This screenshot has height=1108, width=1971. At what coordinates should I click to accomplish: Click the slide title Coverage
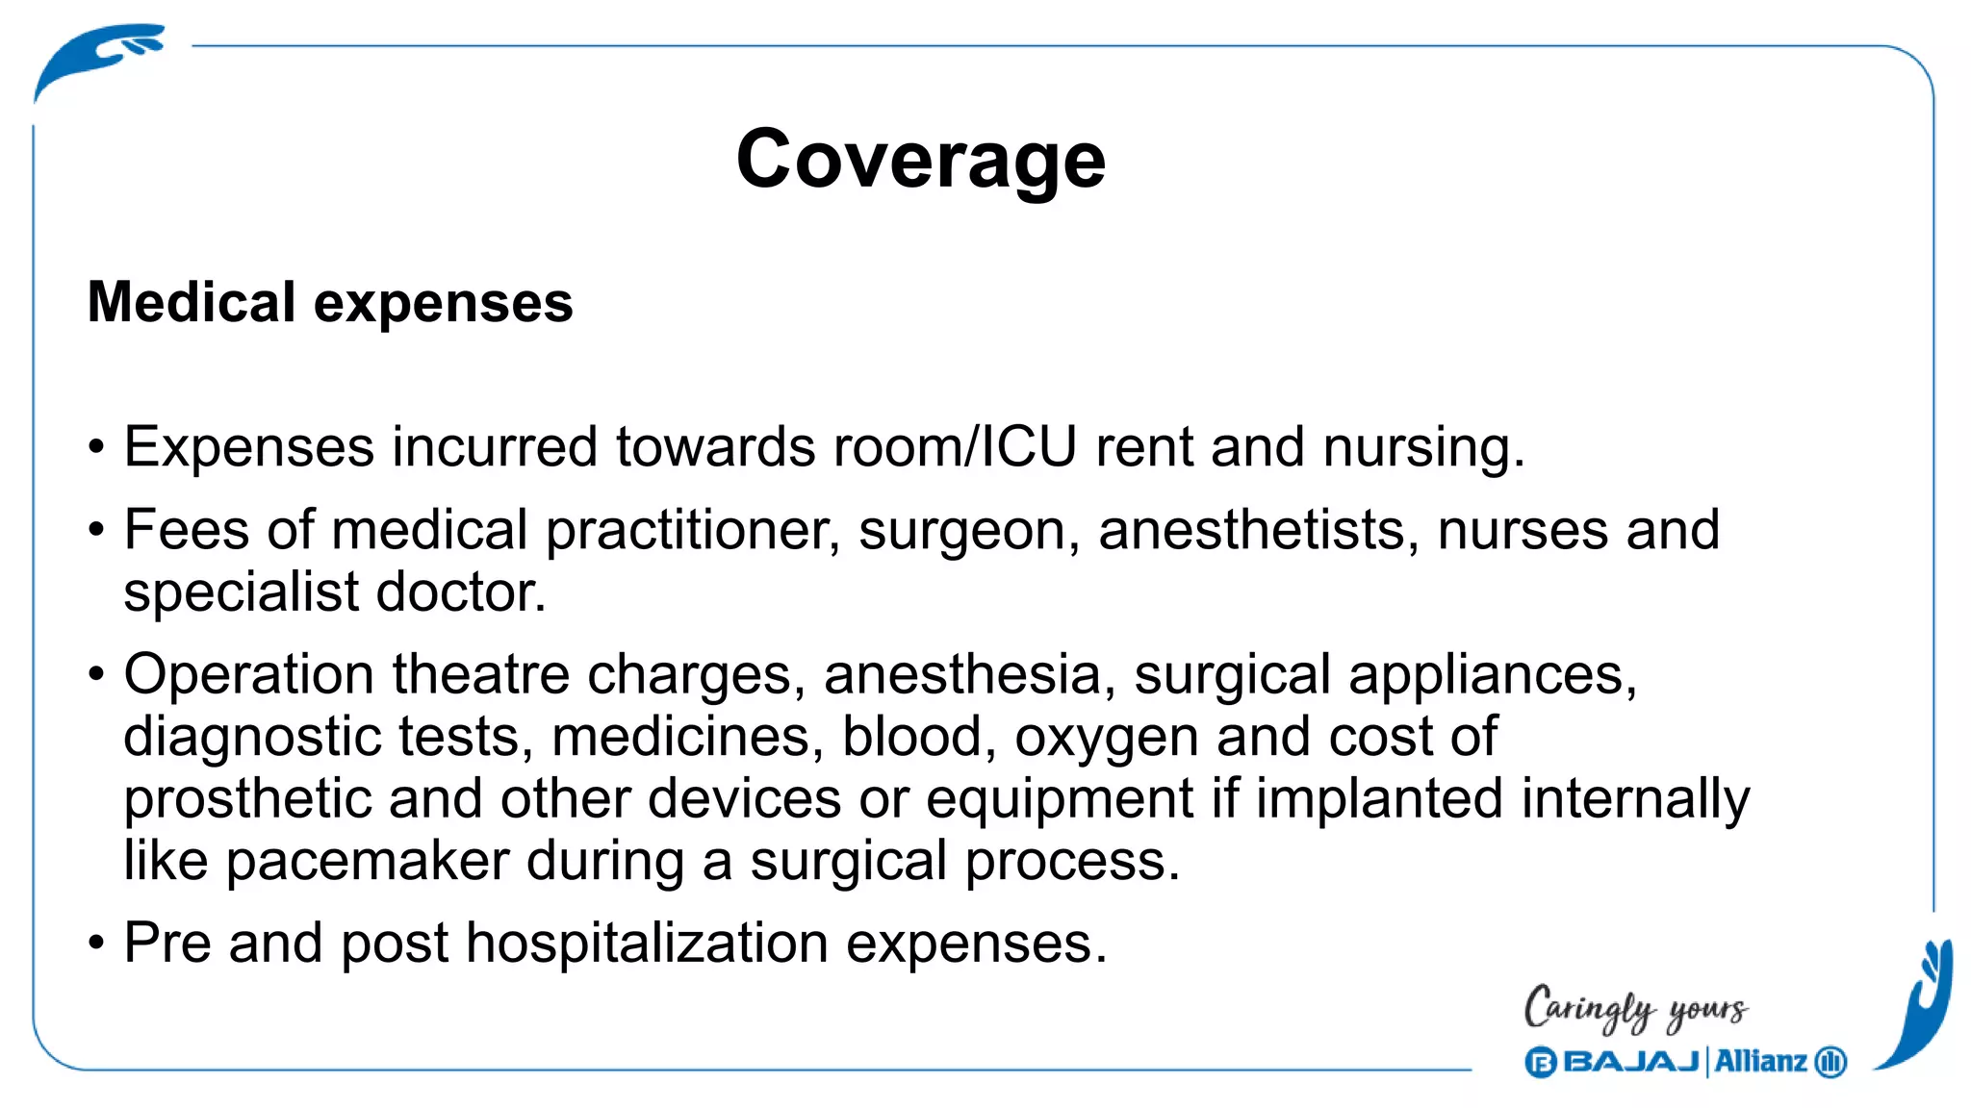coord(921,160)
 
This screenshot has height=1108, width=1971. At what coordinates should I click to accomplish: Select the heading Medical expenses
coord(330,302)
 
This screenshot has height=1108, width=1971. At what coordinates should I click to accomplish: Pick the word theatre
coord(480,674)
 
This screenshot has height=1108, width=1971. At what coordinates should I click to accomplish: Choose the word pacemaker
coord(367,861)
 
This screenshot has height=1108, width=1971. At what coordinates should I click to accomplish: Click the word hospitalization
coord(647,943)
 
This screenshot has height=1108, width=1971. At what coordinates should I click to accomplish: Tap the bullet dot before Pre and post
coord(95,943)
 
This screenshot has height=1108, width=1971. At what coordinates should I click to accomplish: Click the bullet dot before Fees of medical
coord(95,530)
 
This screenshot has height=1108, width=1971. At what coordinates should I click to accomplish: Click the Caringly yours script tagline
coord(1635,1008)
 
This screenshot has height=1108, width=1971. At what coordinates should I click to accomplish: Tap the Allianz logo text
coord(1760,1062)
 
